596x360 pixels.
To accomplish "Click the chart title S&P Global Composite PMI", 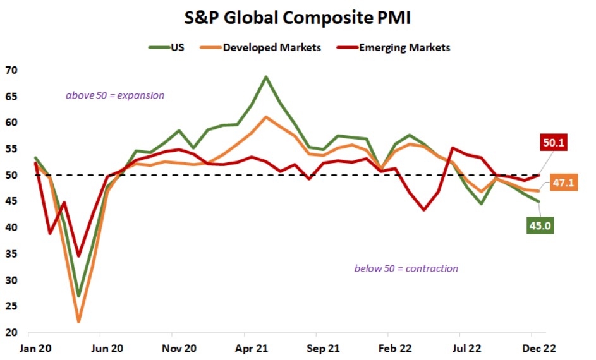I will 298,18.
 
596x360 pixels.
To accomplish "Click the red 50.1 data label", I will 553,143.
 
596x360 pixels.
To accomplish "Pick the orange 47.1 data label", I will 561,183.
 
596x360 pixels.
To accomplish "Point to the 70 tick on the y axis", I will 11,69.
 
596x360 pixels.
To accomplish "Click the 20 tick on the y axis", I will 11,333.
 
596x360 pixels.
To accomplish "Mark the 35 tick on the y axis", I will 11,254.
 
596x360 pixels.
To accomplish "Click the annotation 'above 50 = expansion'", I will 115,95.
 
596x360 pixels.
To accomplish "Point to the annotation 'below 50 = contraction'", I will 406,268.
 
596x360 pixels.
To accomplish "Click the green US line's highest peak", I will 266,76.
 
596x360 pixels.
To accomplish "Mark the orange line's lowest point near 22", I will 79,321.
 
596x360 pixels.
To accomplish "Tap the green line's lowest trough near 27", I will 79,296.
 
